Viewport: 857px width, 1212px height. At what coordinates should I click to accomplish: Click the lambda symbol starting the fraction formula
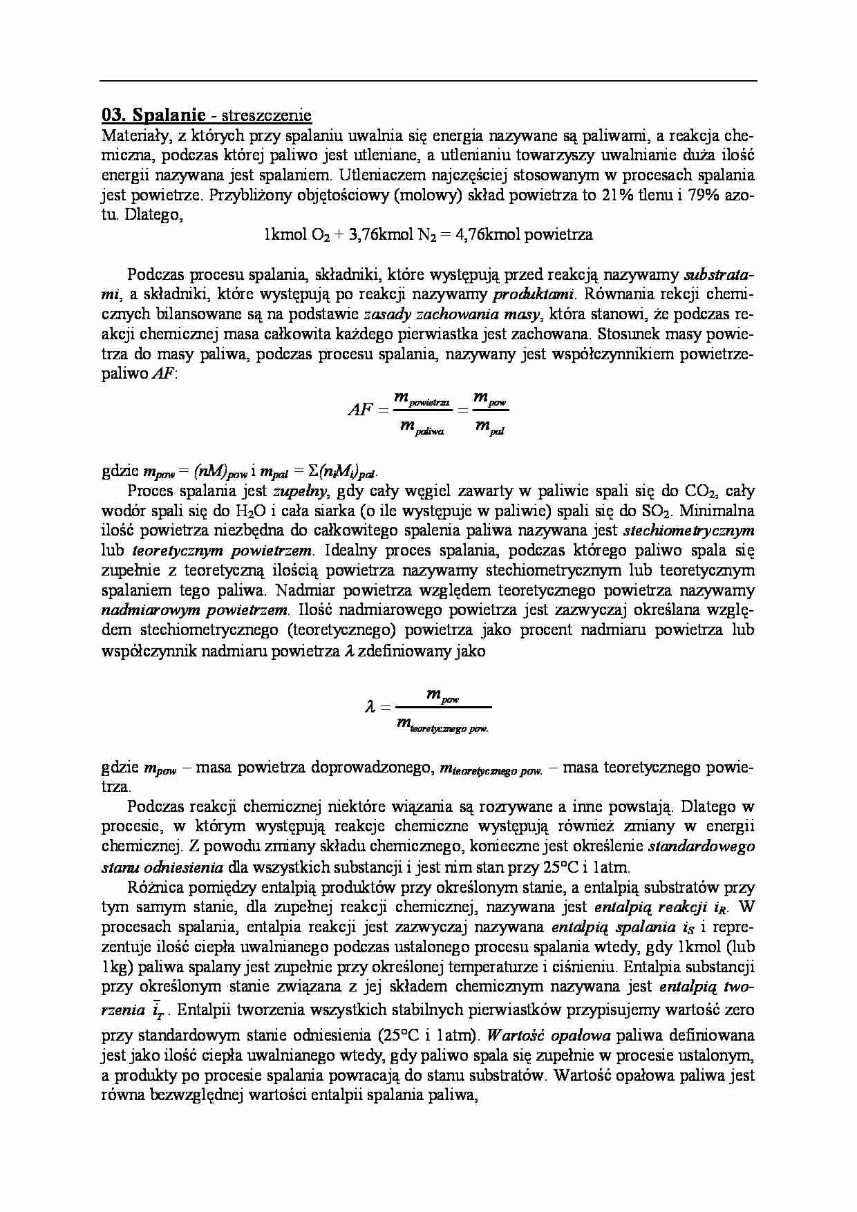pyautogui.click(x=370, y=707)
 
